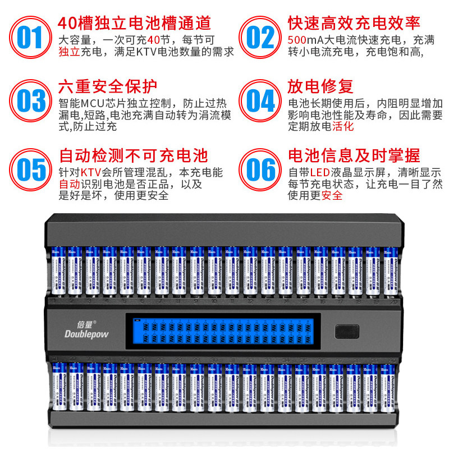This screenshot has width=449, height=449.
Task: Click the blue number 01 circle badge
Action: [29, 38]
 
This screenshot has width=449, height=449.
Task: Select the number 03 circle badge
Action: [29, 100]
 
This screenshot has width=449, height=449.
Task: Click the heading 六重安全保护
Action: [108, 87]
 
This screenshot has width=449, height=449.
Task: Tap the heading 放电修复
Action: [320, 87]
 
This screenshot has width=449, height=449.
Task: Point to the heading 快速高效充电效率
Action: [354, 23]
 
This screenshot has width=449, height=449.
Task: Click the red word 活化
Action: [343, 126]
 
